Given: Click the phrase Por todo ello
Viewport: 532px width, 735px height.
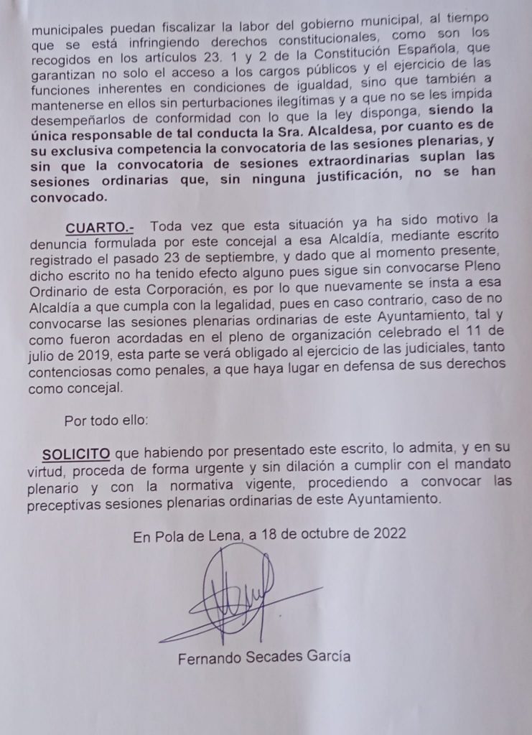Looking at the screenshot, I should click(106, 421).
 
